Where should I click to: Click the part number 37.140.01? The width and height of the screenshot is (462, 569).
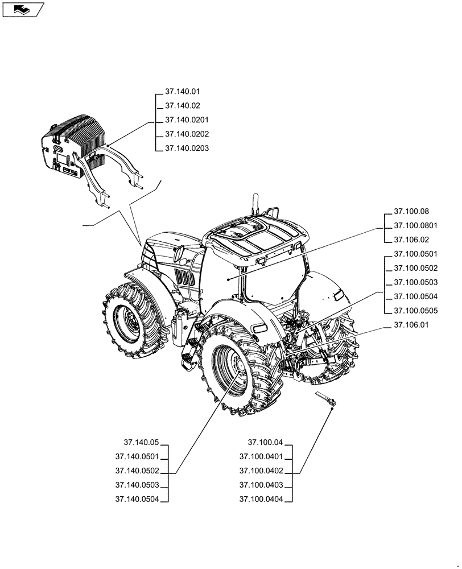pos(182,91)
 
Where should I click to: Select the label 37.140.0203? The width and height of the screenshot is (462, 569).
pos(187,149)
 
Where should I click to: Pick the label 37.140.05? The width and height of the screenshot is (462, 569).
pos(140,442)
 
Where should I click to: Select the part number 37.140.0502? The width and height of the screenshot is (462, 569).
pos(137,471)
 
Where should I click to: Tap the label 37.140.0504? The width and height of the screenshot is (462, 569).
pos(137,499)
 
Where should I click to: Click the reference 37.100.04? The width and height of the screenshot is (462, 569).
pos(265,442)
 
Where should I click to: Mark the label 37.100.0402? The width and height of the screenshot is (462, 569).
pos(262,471)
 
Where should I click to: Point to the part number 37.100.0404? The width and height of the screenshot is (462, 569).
pos(262,499)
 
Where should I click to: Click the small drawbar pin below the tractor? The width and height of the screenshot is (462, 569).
pos(325,398)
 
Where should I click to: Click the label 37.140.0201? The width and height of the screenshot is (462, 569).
pos(187,120)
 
